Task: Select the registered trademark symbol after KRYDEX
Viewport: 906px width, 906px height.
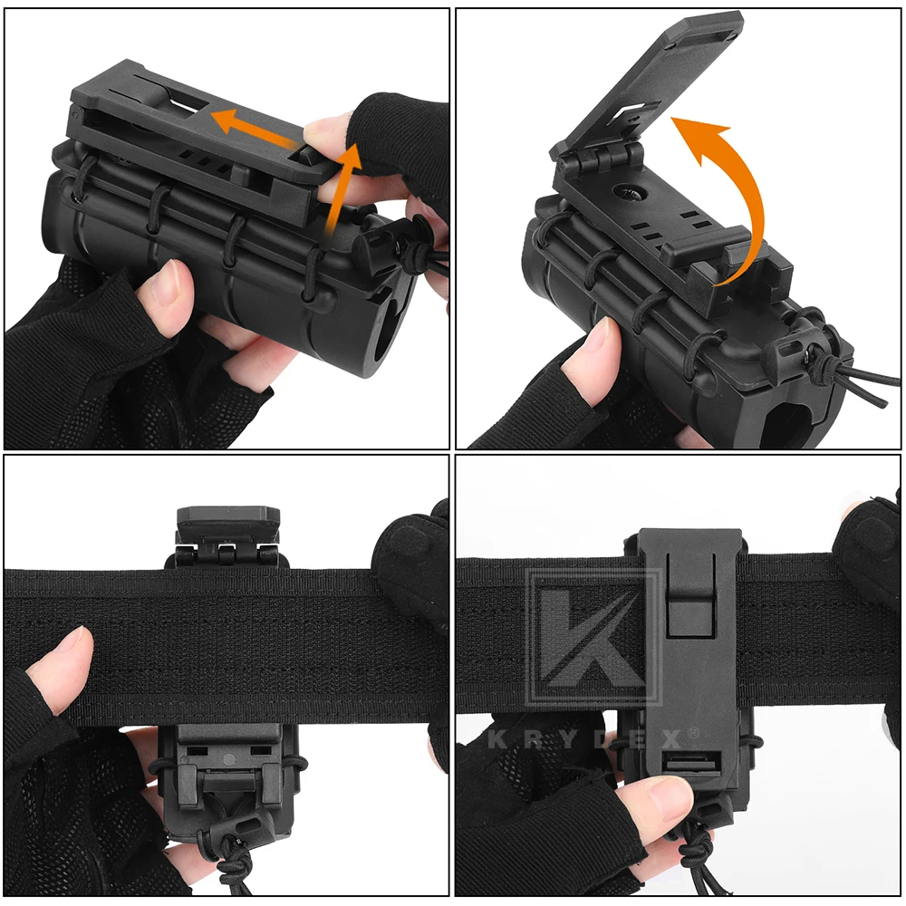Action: pos(693,733)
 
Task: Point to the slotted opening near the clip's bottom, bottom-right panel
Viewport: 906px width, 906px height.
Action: pos(692,763)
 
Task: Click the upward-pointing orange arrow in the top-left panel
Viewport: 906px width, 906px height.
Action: pos(341,190)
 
